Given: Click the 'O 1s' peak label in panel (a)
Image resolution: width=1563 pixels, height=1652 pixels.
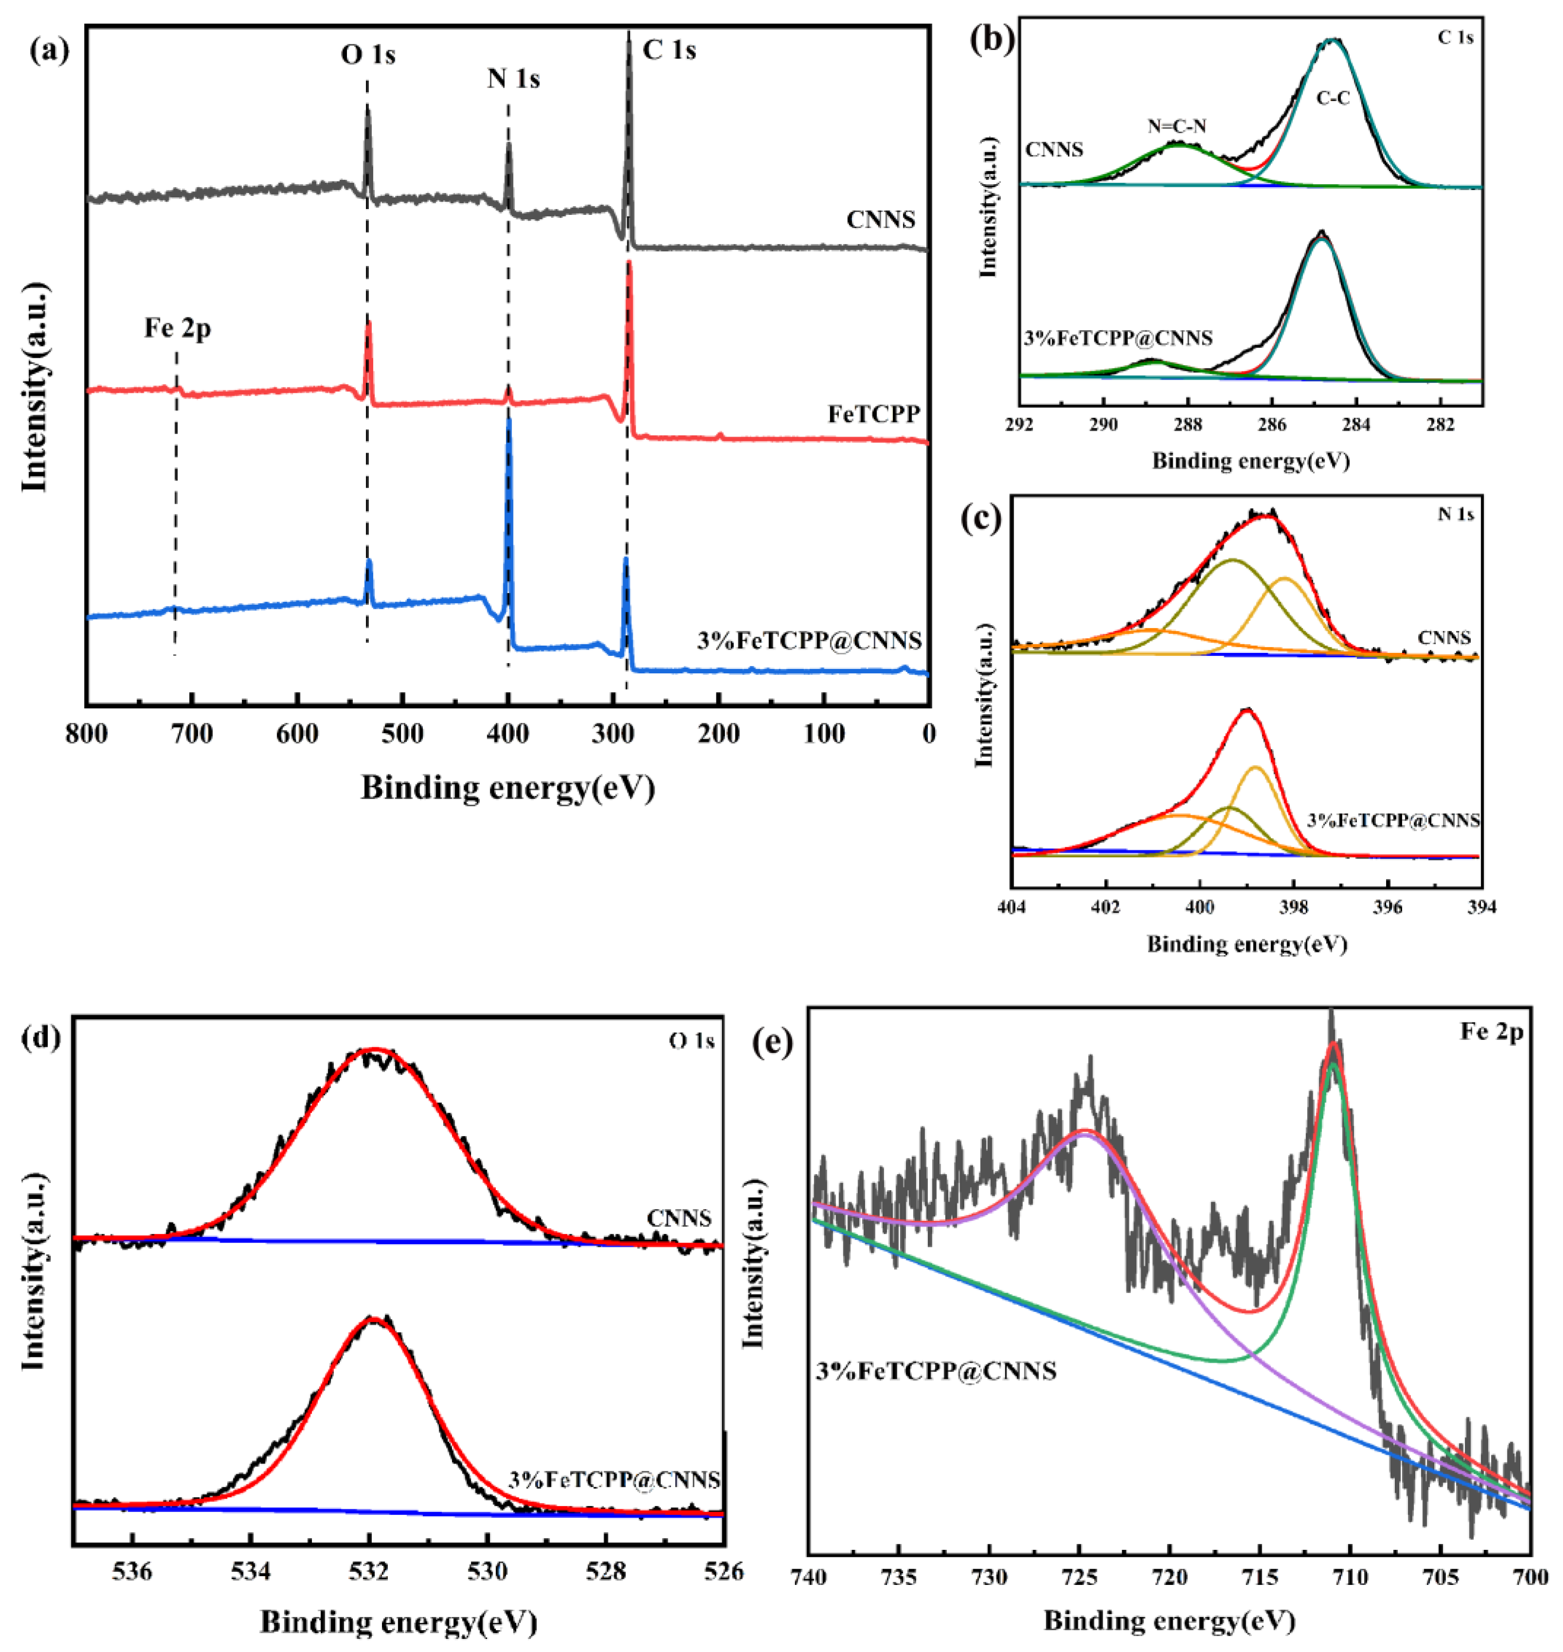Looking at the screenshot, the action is click(367, 55).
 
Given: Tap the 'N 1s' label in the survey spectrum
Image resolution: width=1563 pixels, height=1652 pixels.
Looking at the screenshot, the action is click(513, 79).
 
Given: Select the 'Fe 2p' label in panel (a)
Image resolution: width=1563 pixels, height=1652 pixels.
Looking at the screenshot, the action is click(177, 328).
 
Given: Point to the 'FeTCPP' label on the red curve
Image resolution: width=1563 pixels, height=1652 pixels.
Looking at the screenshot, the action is click(873, 414).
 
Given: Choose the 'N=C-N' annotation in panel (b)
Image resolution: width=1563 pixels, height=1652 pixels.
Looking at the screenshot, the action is click(1177, 127).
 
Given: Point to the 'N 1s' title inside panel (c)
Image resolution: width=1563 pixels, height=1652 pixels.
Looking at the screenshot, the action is click(1455, 514).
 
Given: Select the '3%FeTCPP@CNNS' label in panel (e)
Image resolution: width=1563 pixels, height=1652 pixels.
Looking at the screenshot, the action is click(936, 1371).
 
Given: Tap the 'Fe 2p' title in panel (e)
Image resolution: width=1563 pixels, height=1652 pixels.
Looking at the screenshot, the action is click(1492, 1032).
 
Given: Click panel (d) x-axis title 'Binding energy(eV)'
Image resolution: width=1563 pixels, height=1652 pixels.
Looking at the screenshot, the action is click(398, 1621).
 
